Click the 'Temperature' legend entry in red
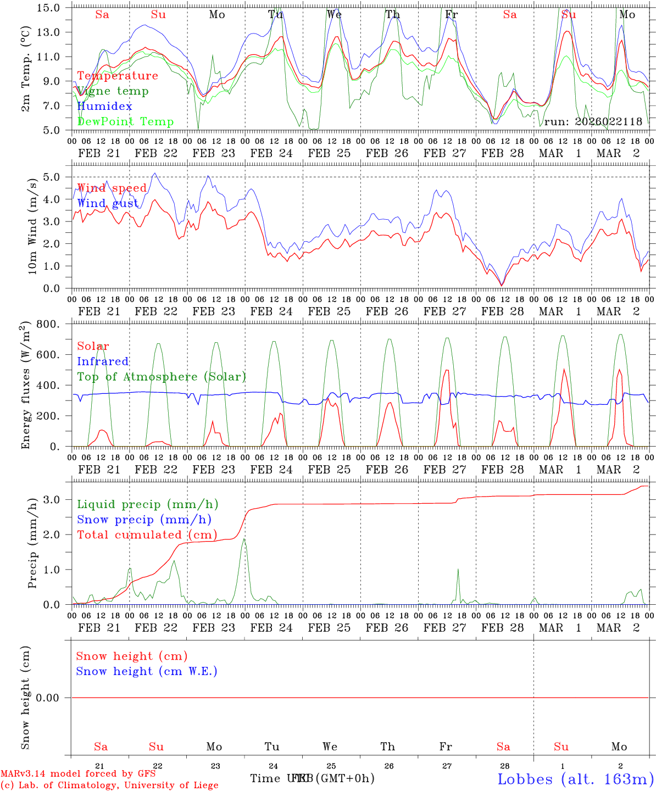coord(118,76)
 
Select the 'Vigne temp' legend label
coord(113,91)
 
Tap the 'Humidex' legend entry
coord(104,106)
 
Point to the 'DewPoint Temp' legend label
coord(125,121)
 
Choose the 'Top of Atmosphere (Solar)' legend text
coord(162,377)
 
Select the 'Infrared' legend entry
coord(103,361)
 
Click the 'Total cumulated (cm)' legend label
coord(147,534)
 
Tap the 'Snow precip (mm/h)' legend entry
coord(144,520)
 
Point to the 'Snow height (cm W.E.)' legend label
coord(147,671)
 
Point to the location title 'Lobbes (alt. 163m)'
coord(575,779)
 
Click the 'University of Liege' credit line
coord(109,786)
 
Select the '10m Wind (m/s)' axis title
coord(33,226)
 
